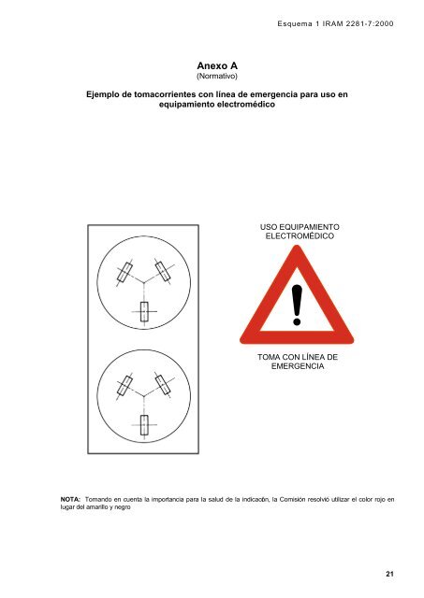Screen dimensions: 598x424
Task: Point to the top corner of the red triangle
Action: click(297, 251)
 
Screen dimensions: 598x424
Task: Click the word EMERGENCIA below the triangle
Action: click(297, 367)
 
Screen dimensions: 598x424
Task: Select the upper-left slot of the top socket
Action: click(124, 272)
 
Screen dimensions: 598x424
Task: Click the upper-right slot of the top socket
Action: click(163, 272)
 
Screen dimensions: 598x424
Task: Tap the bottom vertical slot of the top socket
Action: click(144, 312)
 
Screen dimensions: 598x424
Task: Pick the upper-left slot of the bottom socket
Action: click(124, 384)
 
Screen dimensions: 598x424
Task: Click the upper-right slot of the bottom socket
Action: click(163, 384)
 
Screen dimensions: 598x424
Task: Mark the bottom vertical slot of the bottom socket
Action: click(144, 425)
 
